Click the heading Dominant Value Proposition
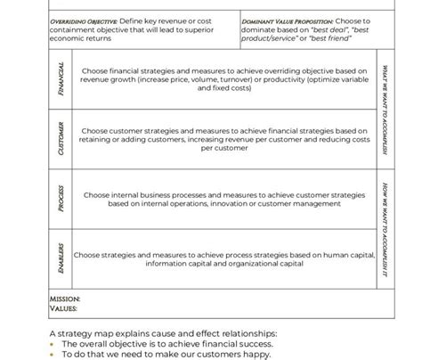pos(280,20)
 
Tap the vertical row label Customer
pos(60,137)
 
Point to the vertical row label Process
pos(60,199)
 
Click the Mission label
pos(64,299)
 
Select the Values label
pos(62,309)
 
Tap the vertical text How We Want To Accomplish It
pos(384,228)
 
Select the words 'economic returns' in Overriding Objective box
pos(80,38)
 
